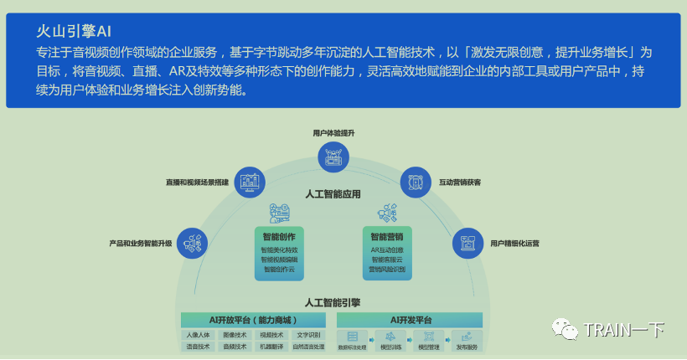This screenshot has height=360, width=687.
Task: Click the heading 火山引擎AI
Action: click(73, 31)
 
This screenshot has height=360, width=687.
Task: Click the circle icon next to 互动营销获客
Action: click(415, 181)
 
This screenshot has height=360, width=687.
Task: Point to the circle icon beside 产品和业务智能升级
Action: click(194, 243)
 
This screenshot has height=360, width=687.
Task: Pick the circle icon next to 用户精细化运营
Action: click(467, 243)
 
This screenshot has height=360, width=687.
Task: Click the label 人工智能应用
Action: click(333, 194)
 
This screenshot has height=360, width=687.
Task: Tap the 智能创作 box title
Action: click(279, 236)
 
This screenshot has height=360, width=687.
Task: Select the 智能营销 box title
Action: click(387, 236)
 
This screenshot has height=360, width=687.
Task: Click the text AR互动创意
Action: click(387, 249)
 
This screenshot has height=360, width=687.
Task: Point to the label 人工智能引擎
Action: click(333, 302)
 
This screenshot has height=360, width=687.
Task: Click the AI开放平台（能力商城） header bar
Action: click(254, 320)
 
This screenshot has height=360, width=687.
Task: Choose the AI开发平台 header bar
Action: click(411, 320)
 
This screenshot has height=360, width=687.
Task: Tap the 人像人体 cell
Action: click(199, 335)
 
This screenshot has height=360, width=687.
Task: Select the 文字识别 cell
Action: click(308, 335)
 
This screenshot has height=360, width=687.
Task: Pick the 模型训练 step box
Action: click(391, 341)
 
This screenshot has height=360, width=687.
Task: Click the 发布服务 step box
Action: click(467, 341)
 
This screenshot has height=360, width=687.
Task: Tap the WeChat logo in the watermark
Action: click(568, 329)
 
